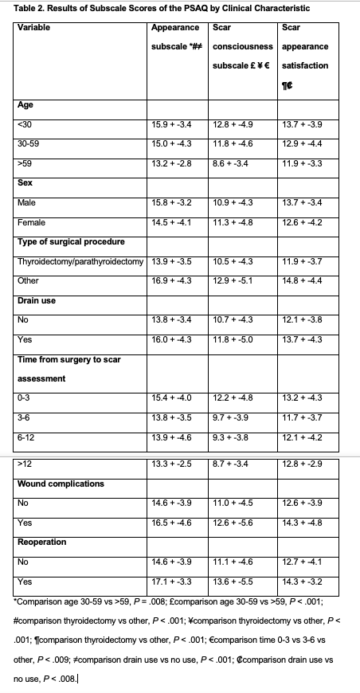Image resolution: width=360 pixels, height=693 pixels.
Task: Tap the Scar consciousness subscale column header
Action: click(242, 46)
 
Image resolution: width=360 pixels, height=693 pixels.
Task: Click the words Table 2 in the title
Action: click(33, 9)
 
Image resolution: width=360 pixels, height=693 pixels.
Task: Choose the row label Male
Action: click(26, 203)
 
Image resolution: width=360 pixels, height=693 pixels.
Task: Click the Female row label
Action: click(30, 222)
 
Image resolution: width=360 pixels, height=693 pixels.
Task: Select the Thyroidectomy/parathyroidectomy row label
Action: click(80, 261)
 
